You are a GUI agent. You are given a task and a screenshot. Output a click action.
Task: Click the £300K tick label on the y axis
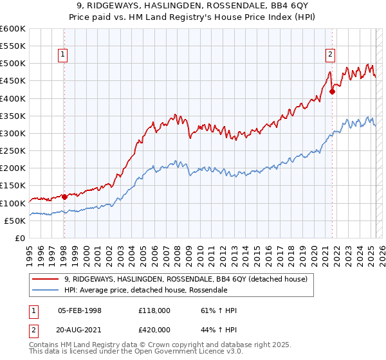click(13, 134)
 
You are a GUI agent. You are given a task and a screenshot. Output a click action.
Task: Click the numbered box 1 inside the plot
click(63, 55)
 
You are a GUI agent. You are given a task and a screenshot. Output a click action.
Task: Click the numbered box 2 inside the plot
click(330, 55)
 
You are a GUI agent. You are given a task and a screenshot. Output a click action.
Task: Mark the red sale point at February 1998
click(64, 197)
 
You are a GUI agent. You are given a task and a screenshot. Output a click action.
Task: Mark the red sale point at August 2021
click(333, 91)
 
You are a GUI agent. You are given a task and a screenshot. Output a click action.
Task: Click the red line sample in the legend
click(46, 279)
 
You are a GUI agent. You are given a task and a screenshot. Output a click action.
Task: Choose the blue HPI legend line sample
click(46, 290)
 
